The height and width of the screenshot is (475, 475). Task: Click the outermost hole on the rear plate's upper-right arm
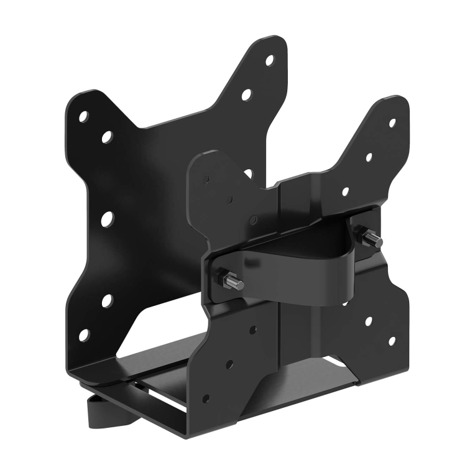coord(269,61)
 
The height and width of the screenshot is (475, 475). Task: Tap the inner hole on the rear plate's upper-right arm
coord(246,95)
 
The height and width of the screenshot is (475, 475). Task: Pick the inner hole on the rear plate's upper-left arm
coord(107,136)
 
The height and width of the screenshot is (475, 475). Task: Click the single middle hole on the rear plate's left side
coord(106,218)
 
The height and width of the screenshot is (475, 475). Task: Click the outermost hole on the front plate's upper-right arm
coord(392,122)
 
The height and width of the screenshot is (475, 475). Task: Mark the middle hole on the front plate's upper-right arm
coord(369,158)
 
